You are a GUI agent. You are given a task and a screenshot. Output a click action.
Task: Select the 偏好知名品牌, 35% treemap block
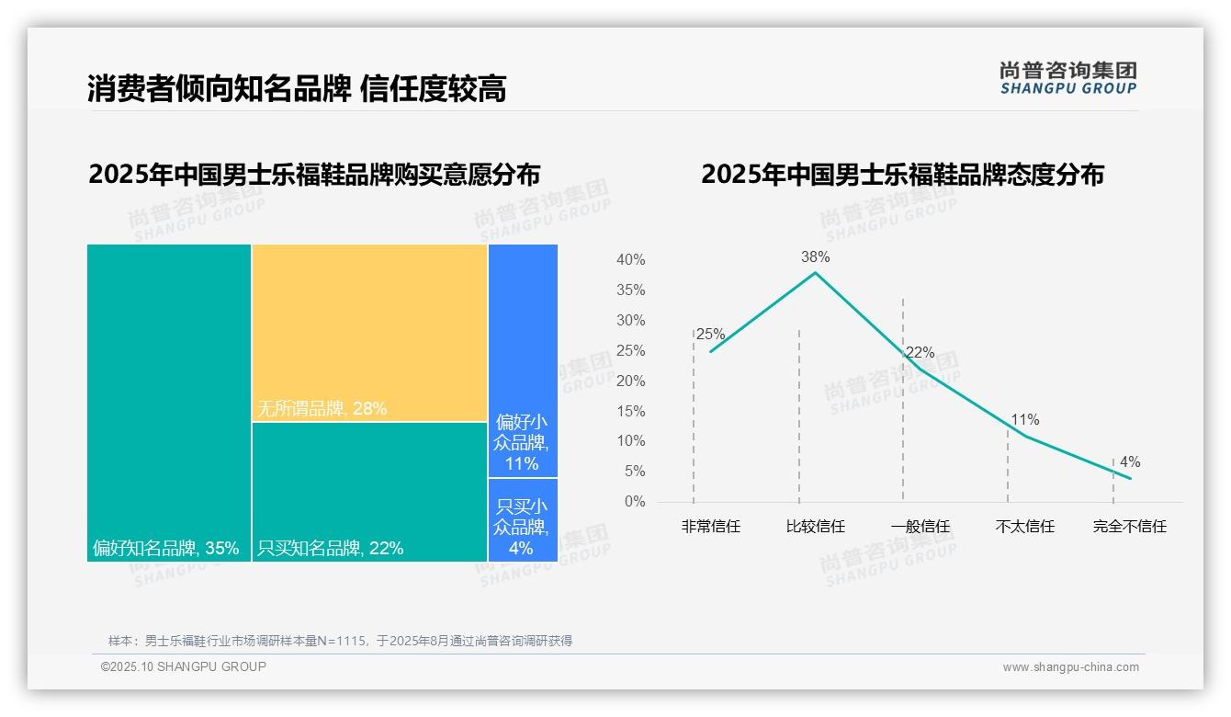[169, 403]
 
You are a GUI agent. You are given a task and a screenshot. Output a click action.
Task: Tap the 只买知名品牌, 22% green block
[369, 492]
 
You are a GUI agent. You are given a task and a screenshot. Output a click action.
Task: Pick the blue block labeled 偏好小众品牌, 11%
[523, 361]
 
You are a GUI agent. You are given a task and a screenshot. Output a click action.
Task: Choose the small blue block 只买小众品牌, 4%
[523, 519]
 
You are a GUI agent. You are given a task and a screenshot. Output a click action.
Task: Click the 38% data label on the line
[815, 257]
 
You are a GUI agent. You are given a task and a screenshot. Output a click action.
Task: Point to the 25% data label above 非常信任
[710, 335]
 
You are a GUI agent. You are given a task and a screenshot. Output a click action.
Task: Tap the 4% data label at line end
[1130, 462]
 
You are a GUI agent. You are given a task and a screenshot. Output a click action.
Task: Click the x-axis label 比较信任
[815, 527]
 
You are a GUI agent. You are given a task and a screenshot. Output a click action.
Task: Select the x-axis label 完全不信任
[1129, 527]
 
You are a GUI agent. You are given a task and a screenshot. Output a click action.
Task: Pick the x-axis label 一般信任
[920, 527]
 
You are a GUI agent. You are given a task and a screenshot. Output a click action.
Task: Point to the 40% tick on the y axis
[630, 260]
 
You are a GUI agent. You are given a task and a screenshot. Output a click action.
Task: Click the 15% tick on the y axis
[630, 411]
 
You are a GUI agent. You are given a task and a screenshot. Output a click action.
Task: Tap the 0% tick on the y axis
[634, 502]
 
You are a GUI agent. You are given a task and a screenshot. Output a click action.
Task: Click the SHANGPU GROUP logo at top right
[1067, 78]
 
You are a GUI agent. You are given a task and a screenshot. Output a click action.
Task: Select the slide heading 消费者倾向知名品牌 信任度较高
[297, 89]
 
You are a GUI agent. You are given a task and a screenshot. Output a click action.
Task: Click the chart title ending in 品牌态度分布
[902, 175]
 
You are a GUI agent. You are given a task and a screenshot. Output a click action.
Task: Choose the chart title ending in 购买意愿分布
[314, 175]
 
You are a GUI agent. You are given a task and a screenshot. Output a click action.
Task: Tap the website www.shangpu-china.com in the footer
[1070, 667]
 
